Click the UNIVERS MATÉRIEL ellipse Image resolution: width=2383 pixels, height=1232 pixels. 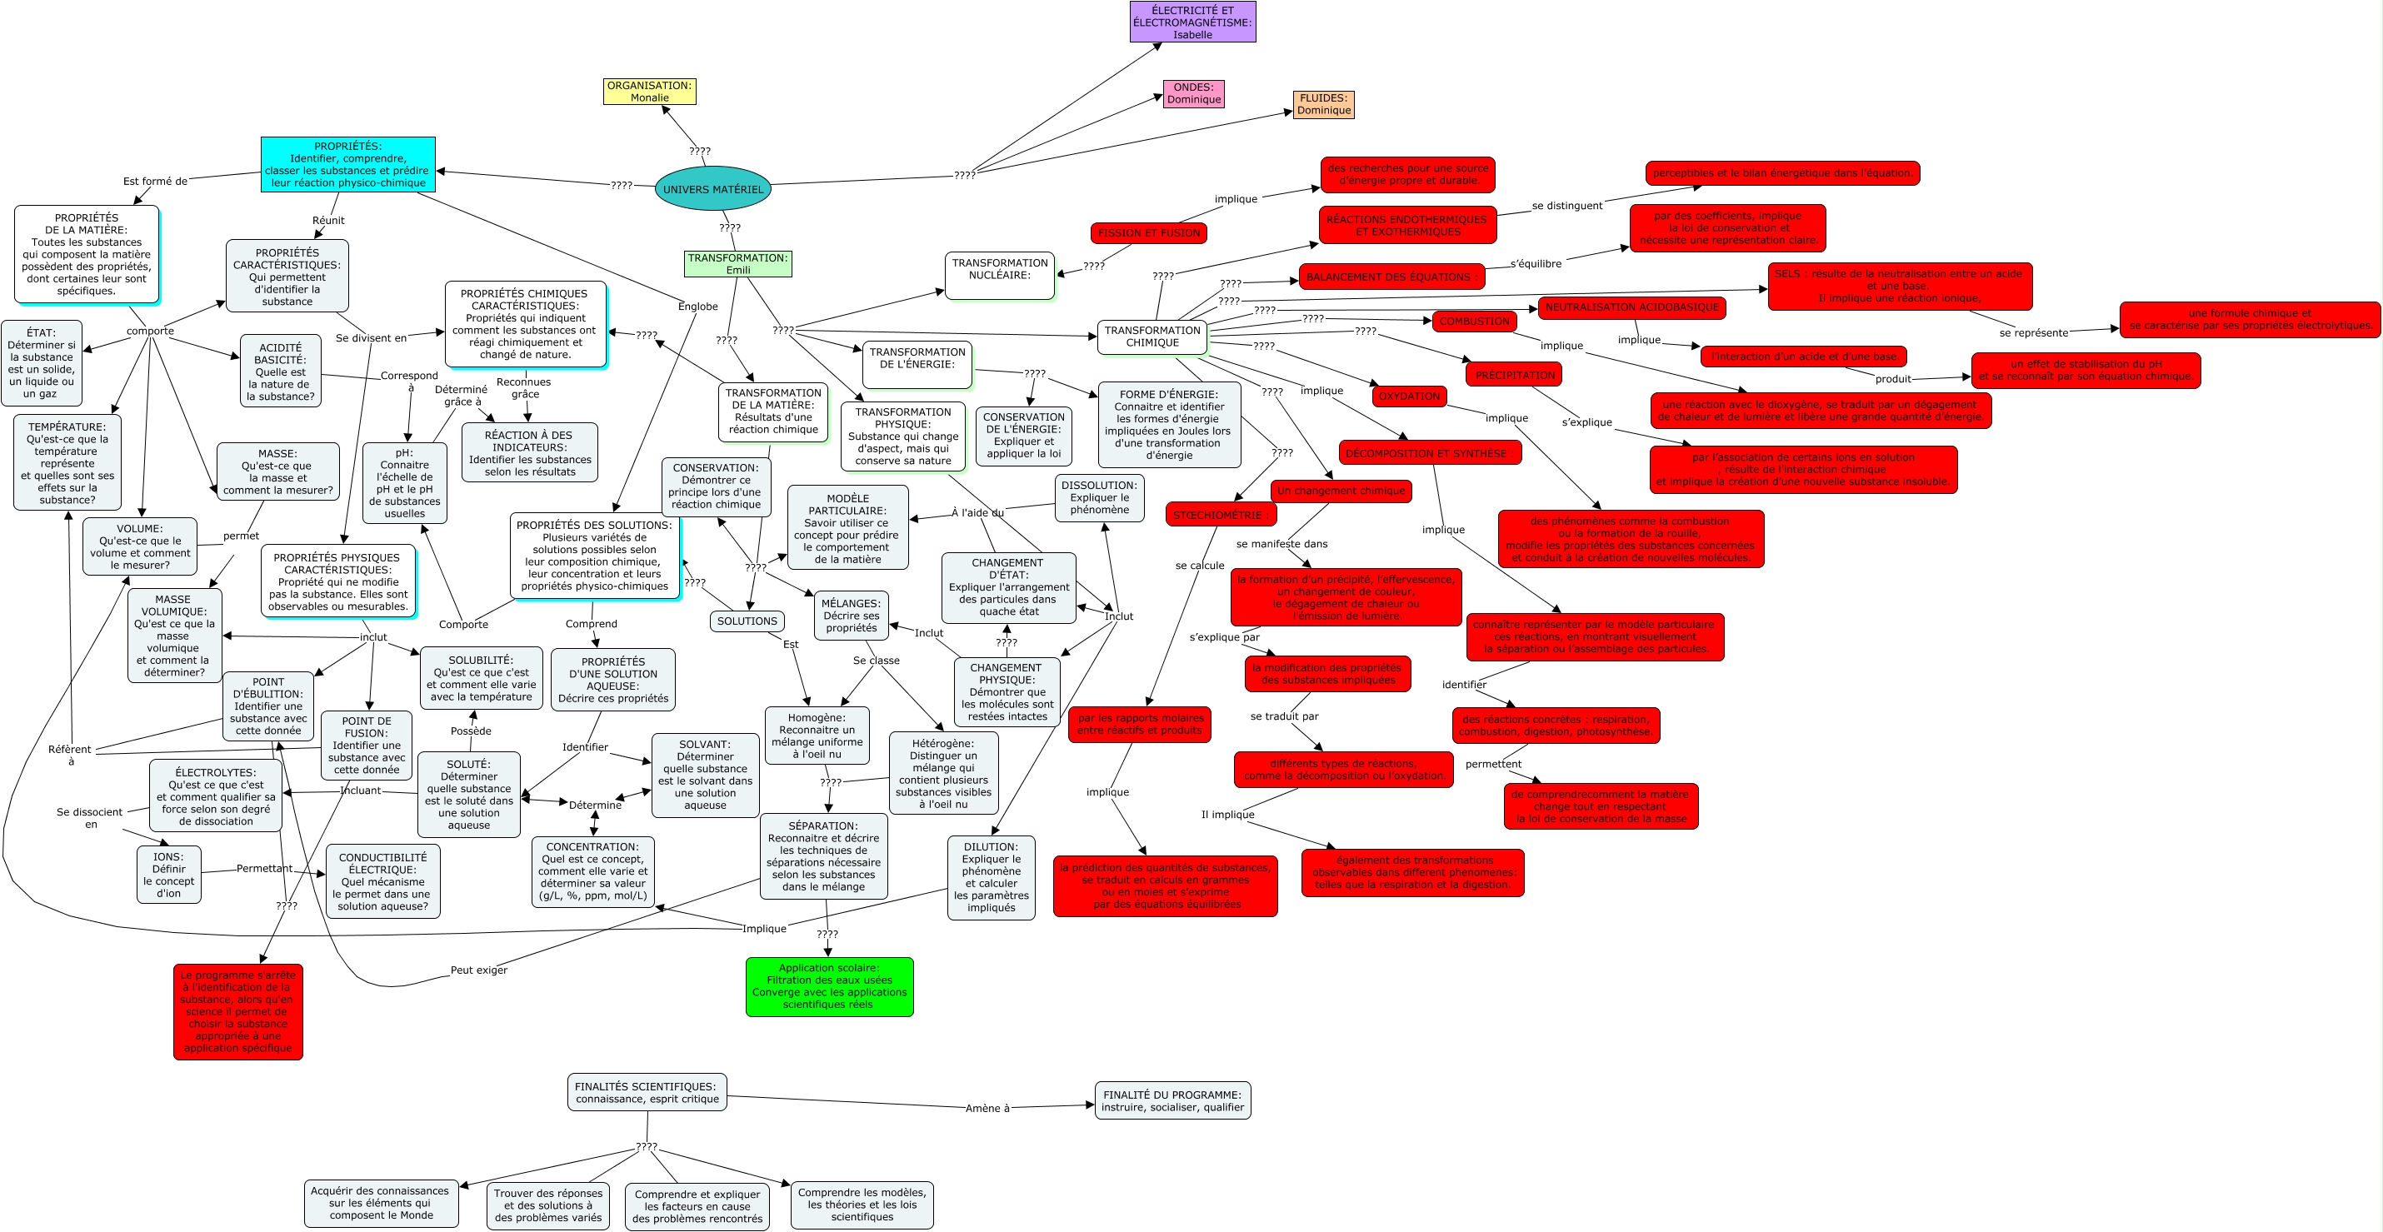pyautogui.click(x=712, y=189)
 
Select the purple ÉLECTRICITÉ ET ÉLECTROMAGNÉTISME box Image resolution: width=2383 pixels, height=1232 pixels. pyautogui.click(x=1192, y=22)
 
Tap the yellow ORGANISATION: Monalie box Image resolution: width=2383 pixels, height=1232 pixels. pyautogui.click(x=649, y=92)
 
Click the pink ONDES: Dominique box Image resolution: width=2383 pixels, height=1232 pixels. pyautogui.click(x=1193, y=93)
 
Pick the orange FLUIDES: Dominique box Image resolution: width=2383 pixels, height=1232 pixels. pyautogui.click(x=1323, y=104)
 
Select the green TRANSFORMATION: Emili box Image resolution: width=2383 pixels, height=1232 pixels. pyautogui.click(x=737, y=263)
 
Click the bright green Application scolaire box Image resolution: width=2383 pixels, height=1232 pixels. pyautogui.click(x=829, y=986)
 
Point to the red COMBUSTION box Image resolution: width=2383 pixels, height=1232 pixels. pyautogui.click(x=1474, y=321)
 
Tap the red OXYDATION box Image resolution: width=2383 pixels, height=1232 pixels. pyautogui.click(x=1409, y=396)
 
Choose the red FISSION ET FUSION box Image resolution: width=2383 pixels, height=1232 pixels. pyautogui.click(x=1148, y=233)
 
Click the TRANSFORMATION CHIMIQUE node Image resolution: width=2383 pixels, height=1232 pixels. pyautogui.click(x=1152, y=337)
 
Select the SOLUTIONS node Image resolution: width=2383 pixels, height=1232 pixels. pyautogui.click(x=747, y=621)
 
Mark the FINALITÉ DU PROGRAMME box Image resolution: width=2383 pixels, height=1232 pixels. pyautogui.click(x=1172, y=1100)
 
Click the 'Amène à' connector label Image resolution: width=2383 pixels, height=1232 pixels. pyautogui.click(x=987, y=1108)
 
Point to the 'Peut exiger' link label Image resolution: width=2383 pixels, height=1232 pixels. pyautogui.click(x=478, y=970)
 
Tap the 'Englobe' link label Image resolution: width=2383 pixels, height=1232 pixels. pyautogui.click(x=697, y=307)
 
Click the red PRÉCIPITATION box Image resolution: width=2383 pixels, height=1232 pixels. pyautogui.click(x=1514, y=375)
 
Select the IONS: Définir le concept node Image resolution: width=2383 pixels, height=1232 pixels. pyautogui.click(x=168, y=875)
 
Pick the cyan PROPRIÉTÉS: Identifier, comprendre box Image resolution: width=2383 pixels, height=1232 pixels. pyautogui.click(x=347, y=165)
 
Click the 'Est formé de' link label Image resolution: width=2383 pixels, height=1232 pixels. pyautogui.click(x=154, y=182)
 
